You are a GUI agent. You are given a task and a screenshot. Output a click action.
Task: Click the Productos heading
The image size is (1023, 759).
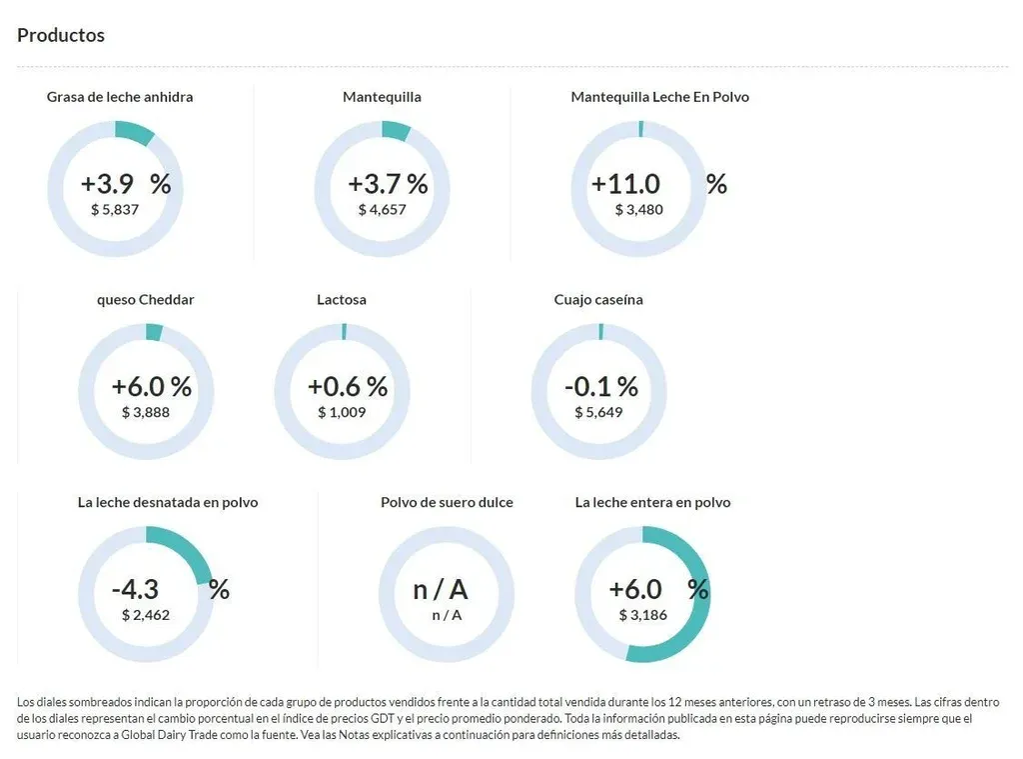61,35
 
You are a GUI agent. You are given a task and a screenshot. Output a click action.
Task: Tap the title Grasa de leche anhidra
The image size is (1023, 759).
120,97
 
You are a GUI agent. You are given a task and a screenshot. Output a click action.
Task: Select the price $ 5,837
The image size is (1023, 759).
115,209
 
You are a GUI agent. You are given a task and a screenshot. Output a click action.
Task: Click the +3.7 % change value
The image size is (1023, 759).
388,184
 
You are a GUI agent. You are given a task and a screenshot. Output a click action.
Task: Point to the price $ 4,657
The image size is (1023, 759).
383,209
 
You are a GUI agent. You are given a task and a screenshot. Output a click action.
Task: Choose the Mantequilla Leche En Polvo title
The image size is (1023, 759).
659,97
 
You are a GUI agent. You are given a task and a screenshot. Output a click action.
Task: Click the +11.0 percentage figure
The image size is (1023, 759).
626,184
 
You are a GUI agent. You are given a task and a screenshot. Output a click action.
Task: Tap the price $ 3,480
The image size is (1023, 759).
638,209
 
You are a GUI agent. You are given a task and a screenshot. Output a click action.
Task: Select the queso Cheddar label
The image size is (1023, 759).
146,299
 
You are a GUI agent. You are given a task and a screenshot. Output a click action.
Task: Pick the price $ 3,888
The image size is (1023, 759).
146,411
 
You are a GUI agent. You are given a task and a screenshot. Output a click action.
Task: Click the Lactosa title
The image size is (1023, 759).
342,299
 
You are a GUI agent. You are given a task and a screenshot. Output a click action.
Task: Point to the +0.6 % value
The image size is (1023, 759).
348,386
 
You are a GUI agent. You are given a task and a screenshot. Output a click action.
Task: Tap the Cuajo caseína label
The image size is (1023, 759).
598,299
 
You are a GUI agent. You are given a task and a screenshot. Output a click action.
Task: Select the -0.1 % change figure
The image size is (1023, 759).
601,386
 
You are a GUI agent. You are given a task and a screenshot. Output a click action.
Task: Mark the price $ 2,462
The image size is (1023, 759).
146,614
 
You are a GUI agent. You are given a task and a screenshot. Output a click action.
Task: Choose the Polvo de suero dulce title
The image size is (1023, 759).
447,502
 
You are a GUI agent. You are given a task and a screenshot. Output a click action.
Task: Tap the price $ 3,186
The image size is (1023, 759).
643,614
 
